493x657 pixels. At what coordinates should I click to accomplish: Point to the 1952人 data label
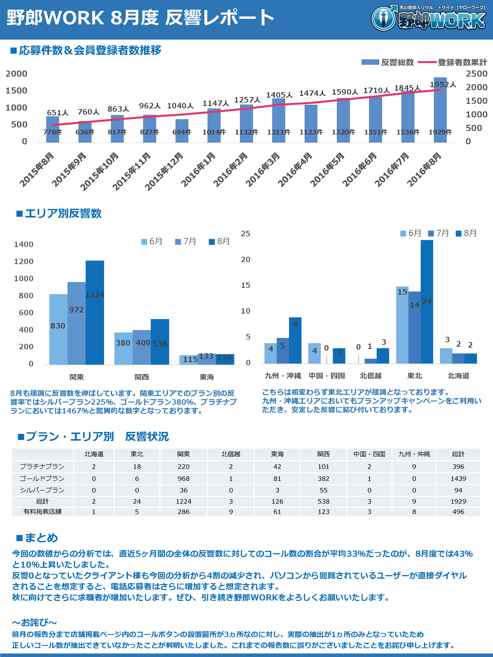coord(443,85)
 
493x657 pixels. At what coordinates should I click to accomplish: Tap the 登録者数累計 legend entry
coord(462,62)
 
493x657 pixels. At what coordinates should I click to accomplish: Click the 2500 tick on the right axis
coord(476,74)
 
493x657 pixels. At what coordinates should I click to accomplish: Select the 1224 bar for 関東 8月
coord(95,312)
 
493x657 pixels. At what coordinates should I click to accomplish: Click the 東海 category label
coord(207,377)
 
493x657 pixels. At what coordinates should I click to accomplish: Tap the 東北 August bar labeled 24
coord(427,302)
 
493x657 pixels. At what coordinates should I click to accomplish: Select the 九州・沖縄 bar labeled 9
coord(295,340)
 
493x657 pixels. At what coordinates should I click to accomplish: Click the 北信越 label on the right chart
coord(371,376)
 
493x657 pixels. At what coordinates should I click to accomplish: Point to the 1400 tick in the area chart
coord(24,244)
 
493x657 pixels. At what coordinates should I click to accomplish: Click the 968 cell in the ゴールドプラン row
coord(183,479)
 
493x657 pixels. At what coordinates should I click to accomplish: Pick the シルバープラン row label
coord(42,490)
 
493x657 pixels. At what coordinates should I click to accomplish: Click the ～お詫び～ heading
coord(34,622)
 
